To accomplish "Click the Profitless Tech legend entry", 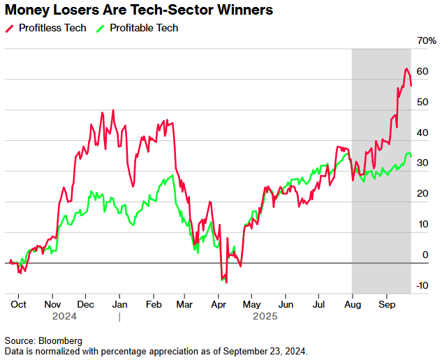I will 52,28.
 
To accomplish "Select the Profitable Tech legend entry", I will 143,28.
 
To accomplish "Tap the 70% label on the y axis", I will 427,41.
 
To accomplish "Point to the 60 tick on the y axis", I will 422,72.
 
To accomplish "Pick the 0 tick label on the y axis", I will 425,255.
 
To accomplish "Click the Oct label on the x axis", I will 19,305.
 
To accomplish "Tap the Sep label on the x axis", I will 387,305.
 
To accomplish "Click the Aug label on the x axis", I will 353,305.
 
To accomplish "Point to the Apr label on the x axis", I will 218,305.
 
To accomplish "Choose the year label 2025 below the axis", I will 265,316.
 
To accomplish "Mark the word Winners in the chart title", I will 240,11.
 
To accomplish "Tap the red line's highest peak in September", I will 406,69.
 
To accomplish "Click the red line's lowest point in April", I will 226,282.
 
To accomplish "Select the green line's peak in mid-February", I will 172,175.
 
